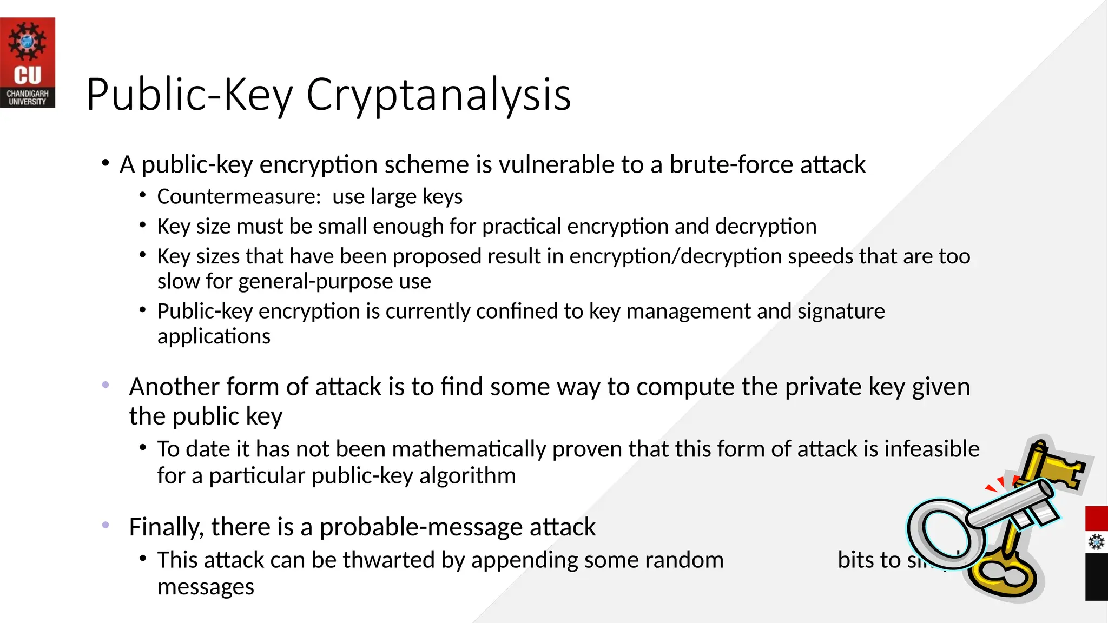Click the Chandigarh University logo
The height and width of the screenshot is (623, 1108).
[28, 63]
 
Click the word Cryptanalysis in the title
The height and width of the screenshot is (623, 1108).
[438, 95]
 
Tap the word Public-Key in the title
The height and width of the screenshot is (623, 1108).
[189, 95]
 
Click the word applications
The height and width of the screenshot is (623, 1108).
[214, 337]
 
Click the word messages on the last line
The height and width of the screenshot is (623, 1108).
[206, 587]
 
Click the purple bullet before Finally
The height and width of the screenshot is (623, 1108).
[105, 525]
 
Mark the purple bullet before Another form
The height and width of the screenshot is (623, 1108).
[105, 385]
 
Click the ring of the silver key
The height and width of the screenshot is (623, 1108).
[944, 532]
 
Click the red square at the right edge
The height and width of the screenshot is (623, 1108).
[1096, 518]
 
